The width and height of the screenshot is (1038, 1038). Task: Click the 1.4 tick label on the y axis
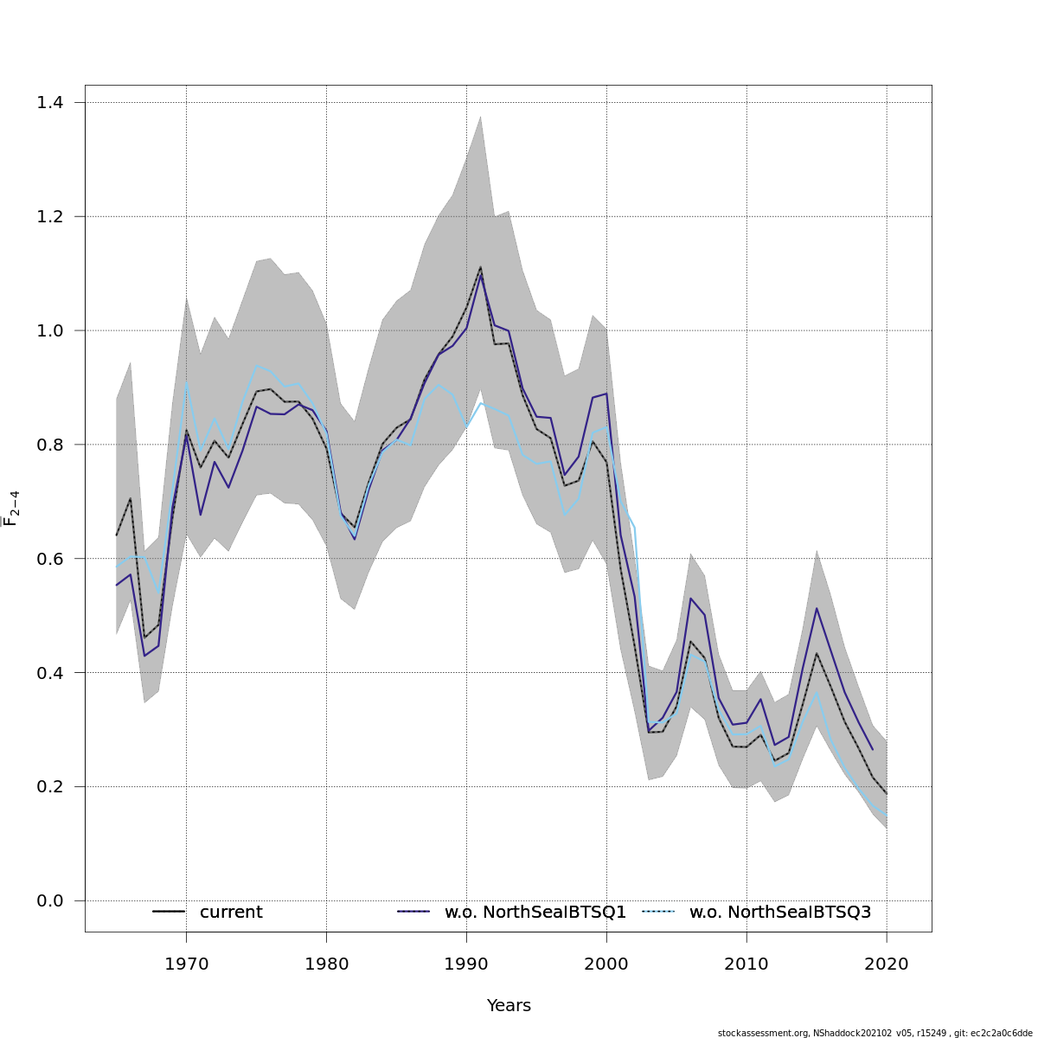pos(50,103)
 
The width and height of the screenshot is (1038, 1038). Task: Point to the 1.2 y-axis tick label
pos(50,216)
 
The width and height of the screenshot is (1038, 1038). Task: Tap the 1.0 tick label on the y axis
pos(50,330)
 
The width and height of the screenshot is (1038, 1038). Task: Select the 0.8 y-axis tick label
pos(50,445)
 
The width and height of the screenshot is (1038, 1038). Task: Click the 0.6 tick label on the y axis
pos(50,559)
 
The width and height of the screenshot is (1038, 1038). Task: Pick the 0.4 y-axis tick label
pos(50,673)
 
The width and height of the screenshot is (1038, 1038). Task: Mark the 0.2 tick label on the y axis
pos(50,787)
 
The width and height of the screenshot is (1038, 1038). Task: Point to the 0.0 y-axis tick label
pos(50,901)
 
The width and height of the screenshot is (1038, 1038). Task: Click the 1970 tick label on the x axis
pos(186,964)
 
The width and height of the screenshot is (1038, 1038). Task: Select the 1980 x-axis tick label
pos(326,964)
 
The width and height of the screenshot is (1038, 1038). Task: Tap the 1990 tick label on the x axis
pos(466,964)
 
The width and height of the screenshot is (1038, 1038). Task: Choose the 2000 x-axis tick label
pos(606,964)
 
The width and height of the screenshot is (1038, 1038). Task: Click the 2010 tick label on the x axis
pos(746,964)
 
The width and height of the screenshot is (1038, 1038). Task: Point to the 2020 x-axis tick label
pos(887,964)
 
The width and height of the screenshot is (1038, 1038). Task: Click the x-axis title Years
pos(509,1006)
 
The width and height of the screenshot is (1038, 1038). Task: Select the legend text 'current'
pos(231,913)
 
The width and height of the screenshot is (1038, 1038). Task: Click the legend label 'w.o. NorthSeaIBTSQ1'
pos(535,913)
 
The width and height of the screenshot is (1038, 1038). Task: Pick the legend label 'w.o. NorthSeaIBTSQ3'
pos(779,913)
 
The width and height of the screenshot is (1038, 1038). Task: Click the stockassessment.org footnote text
pos(875,1033)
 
